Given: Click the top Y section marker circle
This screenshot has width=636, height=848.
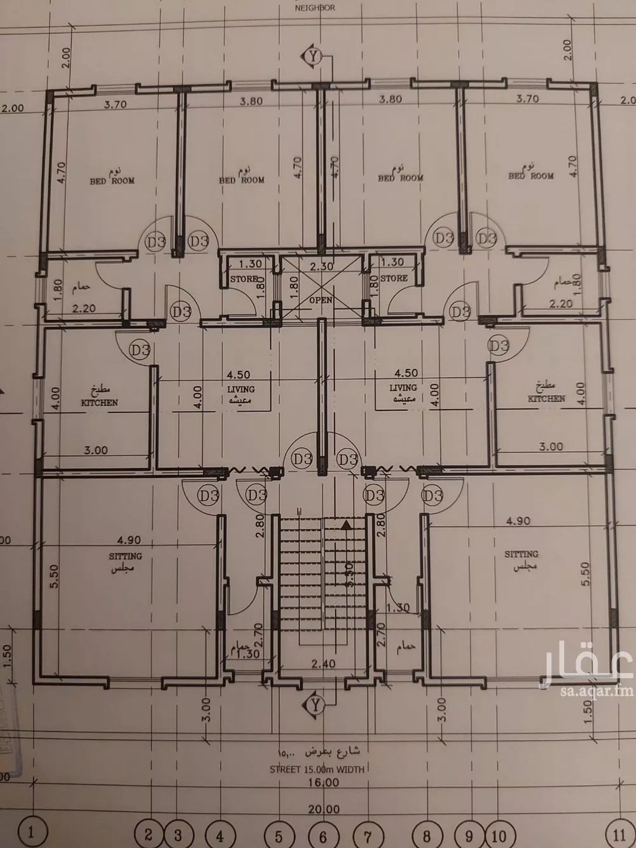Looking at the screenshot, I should (x=312, y=56).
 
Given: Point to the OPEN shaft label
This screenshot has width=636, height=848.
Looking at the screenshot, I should (x=321, y=298).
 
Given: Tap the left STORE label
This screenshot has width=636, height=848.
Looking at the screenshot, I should (x=243, y=279).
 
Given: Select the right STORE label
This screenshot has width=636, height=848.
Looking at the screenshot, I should (x=394, y=278).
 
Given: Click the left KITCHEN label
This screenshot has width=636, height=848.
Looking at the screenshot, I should (x=99, y=403).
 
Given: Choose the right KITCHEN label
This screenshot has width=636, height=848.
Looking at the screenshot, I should (x=546, y=399).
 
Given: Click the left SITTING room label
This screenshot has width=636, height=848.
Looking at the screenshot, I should (x=125, y=555).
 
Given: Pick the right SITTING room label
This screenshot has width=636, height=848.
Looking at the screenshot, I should (x=522, y=554).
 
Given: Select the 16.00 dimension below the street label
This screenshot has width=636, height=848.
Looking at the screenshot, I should (x=322, y=782).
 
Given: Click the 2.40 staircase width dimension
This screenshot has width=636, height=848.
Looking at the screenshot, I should (x=323, y=664).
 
